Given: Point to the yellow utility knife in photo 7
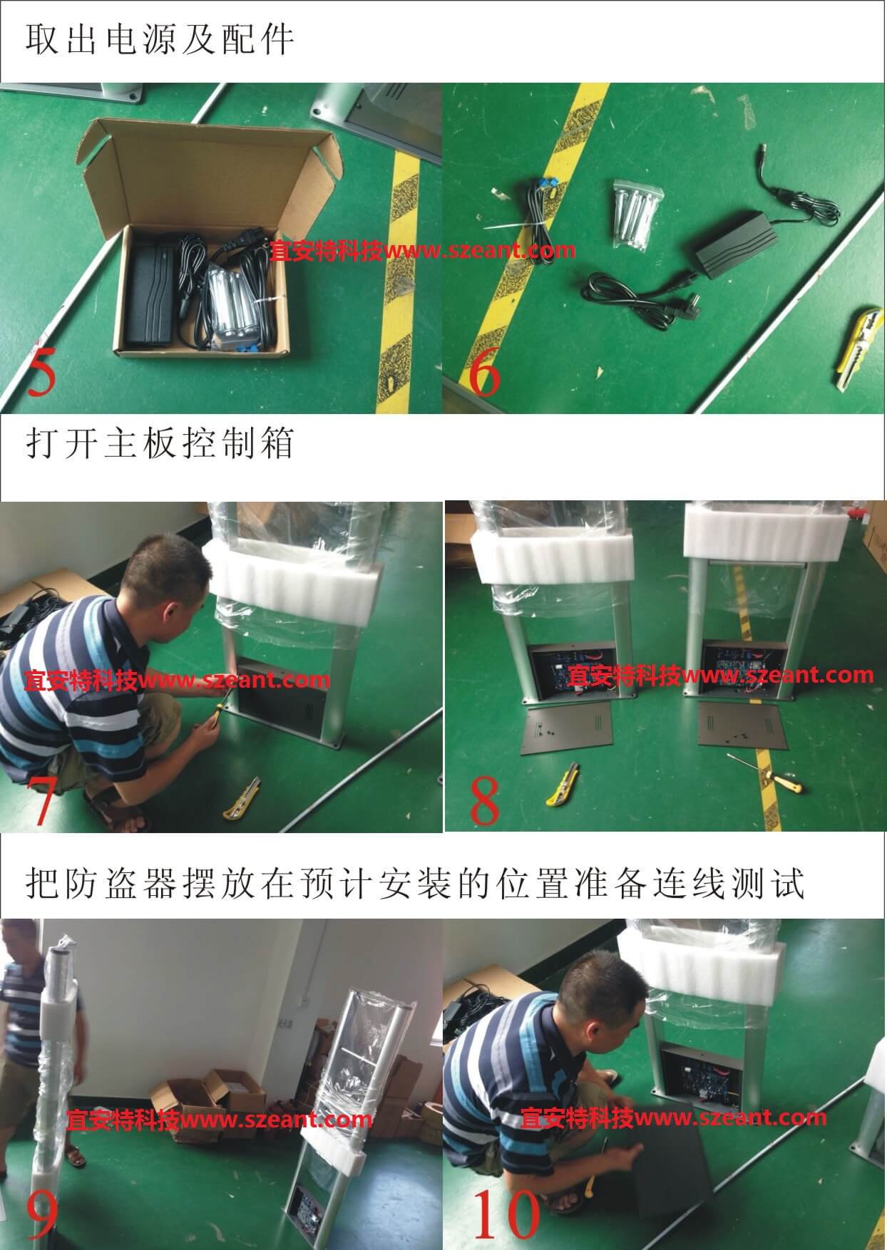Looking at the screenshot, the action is (240, 803).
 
